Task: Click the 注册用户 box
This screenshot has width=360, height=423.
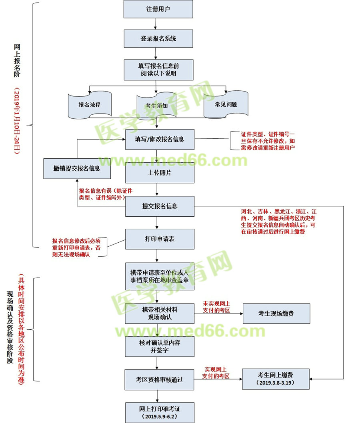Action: click(x=158, y=9)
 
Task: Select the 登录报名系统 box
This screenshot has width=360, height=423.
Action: click(x=158, y=39)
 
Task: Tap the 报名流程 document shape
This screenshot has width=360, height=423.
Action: click(x=90, y=105)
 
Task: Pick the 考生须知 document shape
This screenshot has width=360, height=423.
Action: click(x=157, y=106)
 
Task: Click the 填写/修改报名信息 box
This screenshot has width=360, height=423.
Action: click(x=160, y=139)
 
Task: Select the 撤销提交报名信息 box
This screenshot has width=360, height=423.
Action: click(x=77, y=168)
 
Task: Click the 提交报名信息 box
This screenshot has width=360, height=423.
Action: click(x=160, y=206)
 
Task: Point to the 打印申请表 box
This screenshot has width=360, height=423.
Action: click(x=160, y=239)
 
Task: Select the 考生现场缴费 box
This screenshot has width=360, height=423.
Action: click(x=276, y=313)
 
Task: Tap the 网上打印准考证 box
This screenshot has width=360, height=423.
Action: click(x=160, y=412)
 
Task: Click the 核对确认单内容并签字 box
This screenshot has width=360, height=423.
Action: click(x=160, y=346)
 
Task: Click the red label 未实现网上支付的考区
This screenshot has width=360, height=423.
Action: click(x=216, y=308)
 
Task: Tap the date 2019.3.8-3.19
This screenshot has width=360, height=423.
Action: click(x=276, y=383)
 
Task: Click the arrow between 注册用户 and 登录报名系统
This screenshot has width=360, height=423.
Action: click(x=158, y=24)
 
